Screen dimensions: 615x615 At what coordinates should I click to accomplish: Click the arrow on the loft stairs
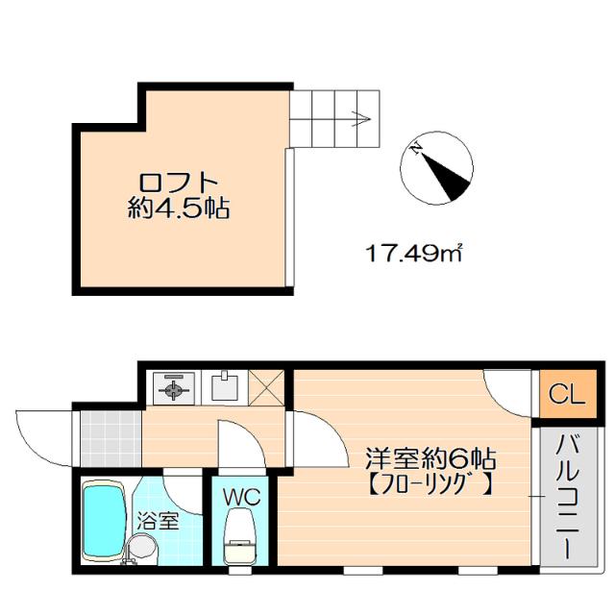[x=360, y=120]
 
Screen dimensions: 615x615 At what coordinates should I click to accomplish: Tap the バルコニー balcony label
[x=563, y=499]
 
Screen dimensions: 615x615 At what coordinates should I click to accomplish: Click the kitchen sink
[x=225, y=387]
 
